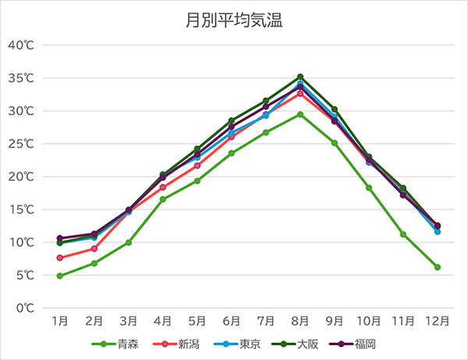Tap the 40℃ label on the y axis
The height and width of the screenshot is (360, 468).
click(21, 45)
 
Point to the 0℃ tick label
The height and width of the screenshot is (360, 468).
click(24, 309)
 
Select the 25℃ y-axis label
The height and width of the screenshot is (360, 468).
click(21, 144)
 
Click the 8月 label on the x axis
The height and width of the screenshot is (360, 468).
click(300, 321)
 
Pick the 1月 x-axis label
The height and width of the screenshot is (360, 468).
click(60, 321)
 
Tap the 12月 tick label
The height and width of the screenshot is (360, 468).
click(437, 321)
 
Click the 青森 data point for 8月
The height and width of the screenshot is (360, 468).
click(300, 115)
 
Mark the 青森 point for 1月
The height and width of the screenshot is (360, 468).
click(60, 276)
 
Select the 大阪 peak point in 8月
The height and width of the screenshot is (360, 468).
click(300, 77)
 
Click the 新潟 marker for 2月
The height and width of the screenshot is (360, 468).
click(94, 249)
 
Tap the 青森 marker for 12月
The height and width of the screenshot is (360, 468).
click(438, 267)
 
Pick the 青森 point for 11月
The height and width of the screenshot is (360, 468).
click(403, 235)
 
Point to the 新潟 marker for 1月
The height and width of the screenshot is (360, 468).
click(60, 258)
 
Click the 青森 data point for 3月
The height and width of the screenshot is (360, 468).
click(129, 242)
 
